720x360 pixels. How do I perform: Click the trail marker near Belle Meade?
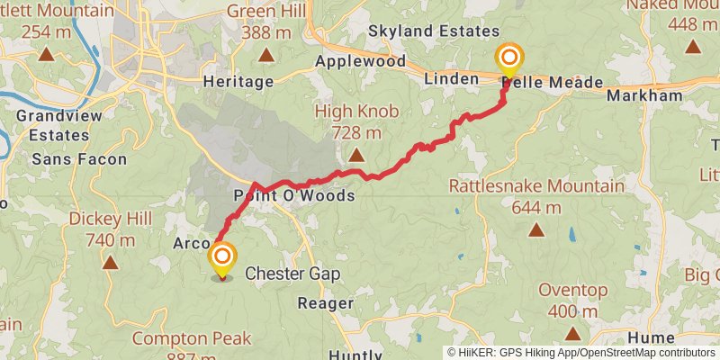508,60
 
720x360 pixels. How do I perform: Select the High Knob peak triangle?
357,155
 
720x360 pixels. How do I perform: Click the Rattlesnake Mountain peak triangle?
535,229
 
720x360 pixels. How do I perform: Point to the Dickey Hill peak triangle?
110,262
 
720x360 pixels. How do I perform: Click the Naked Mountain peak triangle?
693,47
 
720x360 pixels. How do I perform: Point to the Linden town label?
450,79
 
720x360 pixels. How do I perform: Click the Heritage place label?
238,82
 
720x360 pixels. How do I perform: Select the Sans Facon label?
78,159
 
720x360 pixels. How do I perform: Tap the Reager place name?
325,303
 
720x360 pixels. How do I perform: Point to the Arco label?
191,244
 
